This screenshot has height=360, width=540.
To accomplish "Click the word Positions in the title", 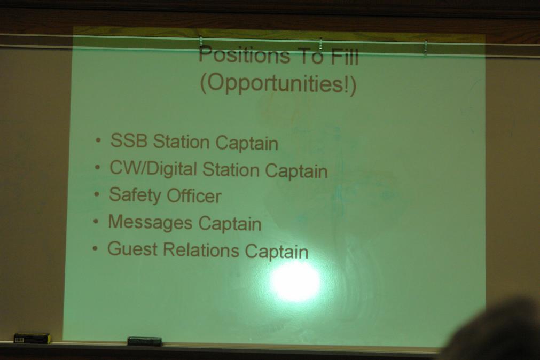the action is [244, 55].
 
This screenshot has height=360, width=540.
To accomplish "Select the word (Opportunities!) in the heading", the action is [278, 84].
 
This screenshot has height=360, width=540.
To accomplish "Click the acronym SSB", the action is [129, 140].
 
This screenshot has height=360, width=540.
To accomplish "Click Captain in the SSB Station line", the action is [247, 143].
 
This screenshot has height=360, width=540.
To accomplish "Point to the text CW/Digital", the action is [153, 168].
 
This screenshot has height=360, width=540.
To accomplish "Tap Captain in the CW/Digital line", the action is [296, 171].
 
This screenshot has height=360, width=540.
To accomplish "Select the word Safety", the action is [135, 195].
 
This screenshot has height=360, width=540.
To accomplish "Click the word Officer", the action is [194, 195].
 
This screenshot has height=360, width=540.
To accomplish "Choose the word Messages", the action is [150, 223].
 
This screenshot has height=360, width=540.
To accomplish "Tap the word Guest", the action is [132, 249].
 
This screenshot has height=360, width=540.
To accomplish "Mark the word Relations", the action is [201, 249].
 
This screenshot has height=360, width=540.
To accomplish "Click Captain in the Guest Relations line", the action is [277, 251].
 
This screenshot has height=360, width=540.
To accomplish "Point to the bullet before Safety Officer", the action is [97, 194].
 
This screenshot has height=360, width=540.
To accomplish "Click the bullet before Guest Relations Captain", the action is [95, 248].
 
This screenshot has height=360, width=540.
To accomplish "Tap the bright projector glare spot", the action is [295, 281].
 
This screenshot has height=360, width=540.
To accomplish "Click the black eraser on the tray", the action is [145, 341].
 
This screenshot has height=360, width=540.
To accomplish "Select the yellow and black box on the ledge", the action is [33, 338].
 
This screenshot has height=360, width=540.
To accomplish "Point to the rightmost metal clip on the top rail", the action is [426, 48].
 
